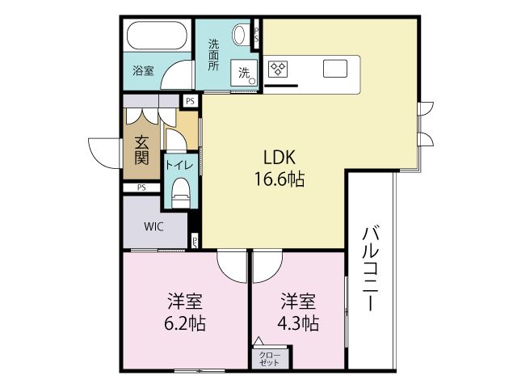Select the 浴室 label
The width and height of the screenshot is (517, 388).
(143, 70)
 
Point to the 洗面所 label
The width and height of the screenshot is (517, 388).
(214, 55)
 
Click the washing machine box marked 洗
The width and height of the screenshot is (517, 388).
(245, 73)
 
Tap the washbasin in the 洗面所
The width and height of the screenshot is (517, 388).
(240, 36)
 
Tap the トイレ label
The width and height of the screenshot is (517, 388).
(179, 165)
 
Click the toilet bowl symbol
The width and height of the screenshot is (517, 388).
(179, 191)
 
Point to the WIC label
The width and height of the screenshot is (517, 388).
(153, 226)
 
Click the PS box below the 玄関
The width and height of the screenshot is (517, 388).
(142, 188)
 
